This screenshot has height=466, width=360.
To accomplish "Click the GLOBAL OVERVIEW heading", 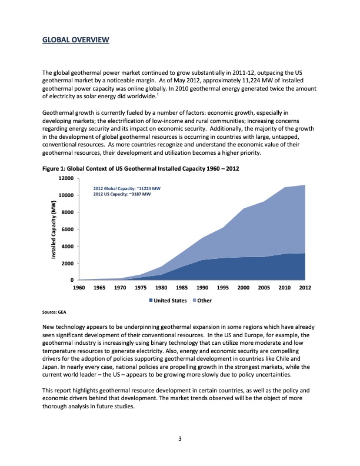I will [x=75, y=40].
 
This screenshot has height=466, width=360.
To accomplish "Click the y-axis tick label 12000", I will [x=66, y=178].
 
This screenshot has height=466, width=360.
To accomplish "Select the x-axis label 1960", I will [x=79, y=288].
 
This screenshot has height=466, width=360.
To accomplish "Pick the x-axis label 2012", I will [x=305, y=288].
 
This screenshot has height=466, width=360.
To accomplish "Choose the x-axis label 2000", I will [x=244, y=288].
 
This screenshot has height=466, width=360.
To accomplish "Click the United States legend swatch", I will [x=151, y=301].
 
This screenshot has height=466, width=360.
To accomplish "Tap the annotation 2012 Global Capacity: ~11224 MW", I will [x=127, y=188].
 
